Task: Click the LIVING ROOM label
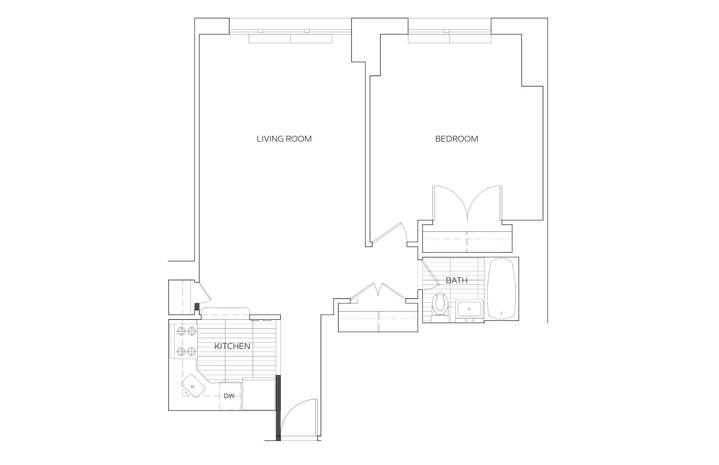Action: coord(284,139)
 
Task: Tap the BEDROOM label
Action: coord(457,139)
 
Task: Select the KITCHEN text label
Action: coord(232,346)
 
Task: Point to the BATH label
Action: coord(457,280)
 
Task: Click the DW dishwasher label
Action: coord(229,396)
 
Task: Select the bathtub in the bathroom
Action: coord(501,289)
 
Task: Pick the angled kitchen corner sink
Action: coord(193,386)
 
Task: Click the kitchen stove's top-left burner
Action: coord(182,331)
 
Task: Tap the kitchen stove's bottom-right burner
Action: coord(192,351)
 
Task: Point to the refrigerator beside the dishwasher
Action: coord(259,394)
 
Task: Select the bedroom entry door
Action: coord(387,233)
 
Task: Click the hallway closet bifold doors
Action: coord(378,291)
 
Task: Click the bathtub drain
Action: coord(501,313)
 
